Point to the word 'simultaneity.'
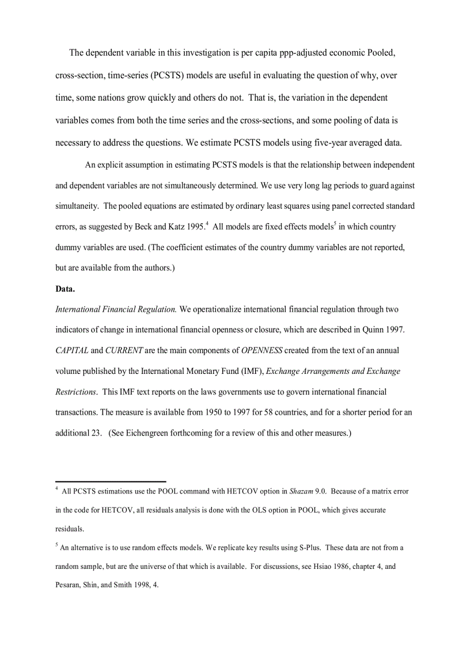(77, 206)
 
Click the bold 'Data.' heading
(65, 289)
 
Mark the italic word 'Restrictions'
(75, 392)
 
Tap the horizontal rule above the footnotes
(111, 481)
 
